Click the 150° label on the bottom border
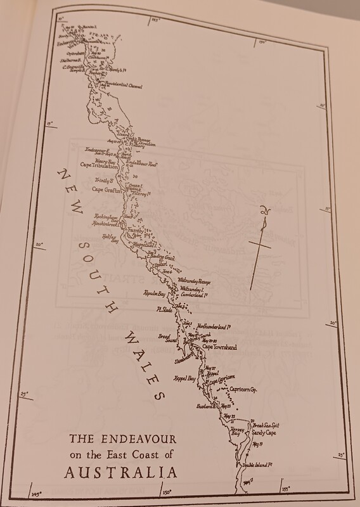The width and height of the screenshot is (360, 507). coord(166,492)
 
